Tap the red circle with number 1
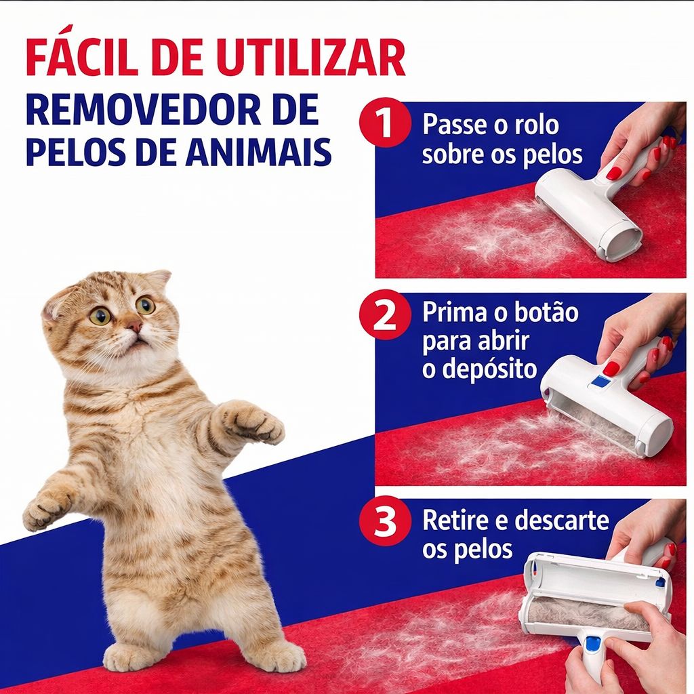click(x=385, y=126)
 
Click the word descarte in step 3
click(x=562, y=522)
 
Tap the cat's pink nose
click(x=134, y=327)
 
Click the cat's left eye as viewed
click(x=100, y=316)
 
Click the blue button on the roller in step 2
click(x=600, y=381)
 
